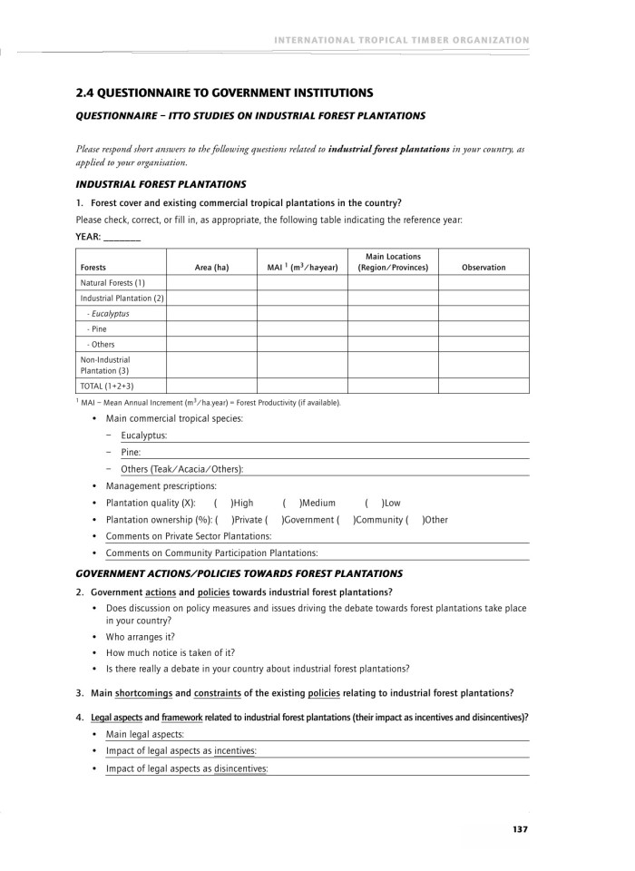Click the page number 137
pos(519,828)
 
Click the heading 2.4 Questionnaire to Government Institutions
pos(224,93)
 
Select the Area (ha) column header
pos(211,268)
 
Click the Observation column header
pos(484,268)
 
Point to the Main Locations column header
pos(393,262)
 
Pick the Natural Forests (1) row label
pos(112,282)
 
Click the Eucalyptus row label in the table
pos(109,313)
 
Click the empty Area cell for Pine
pos(211,328)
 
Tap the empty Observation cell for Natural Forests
pos(484,282)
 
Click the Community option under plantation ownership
pos(346,520)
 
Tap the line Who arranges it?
pos(141,637)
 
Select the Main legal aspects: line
pos(145,734)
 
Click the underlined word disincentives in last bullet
pos(240,768)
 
